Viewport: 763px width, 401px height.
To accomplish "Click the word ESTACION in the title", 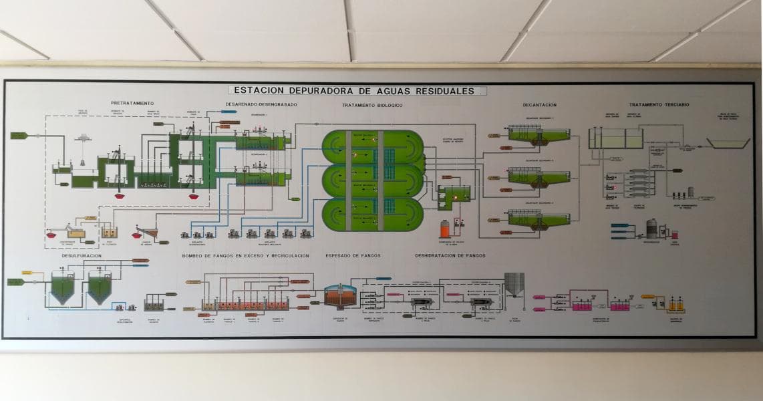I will click(255, 90).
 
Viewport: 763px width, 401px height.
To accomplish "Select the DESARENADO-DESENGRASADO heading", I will click(261, 105).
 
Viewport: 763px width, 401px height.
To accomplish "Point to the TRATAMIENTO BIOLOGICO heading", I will click(372, 106).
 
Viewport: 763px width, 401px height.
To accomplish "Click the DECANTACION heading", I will click(540, 105).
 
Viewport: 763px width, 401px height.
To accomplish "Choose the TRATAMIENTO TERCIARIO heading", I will click(659, 105).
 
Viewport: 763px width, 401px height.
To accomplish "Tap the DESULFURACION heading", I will click(82, 255).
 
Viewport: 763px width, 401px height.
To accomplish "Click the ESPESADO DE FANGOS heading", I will click(353, 255).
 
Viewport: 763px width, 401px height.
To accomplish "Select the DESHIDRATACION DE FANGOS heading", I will click(450, 255).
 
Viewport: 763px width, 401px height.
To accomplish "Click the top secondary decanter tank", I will click(539, 134).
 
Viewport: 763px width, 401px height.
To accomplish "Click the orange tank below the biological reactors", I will click(444, 229).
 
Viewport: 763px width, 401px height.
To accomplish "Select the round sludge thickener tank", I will click(340, 295).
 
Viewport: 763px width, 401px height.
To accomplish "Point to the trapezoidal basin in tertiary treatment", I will click(728, 143).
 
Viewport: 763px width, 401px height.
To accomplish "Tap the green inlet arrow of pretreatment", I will click(19, 136).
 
